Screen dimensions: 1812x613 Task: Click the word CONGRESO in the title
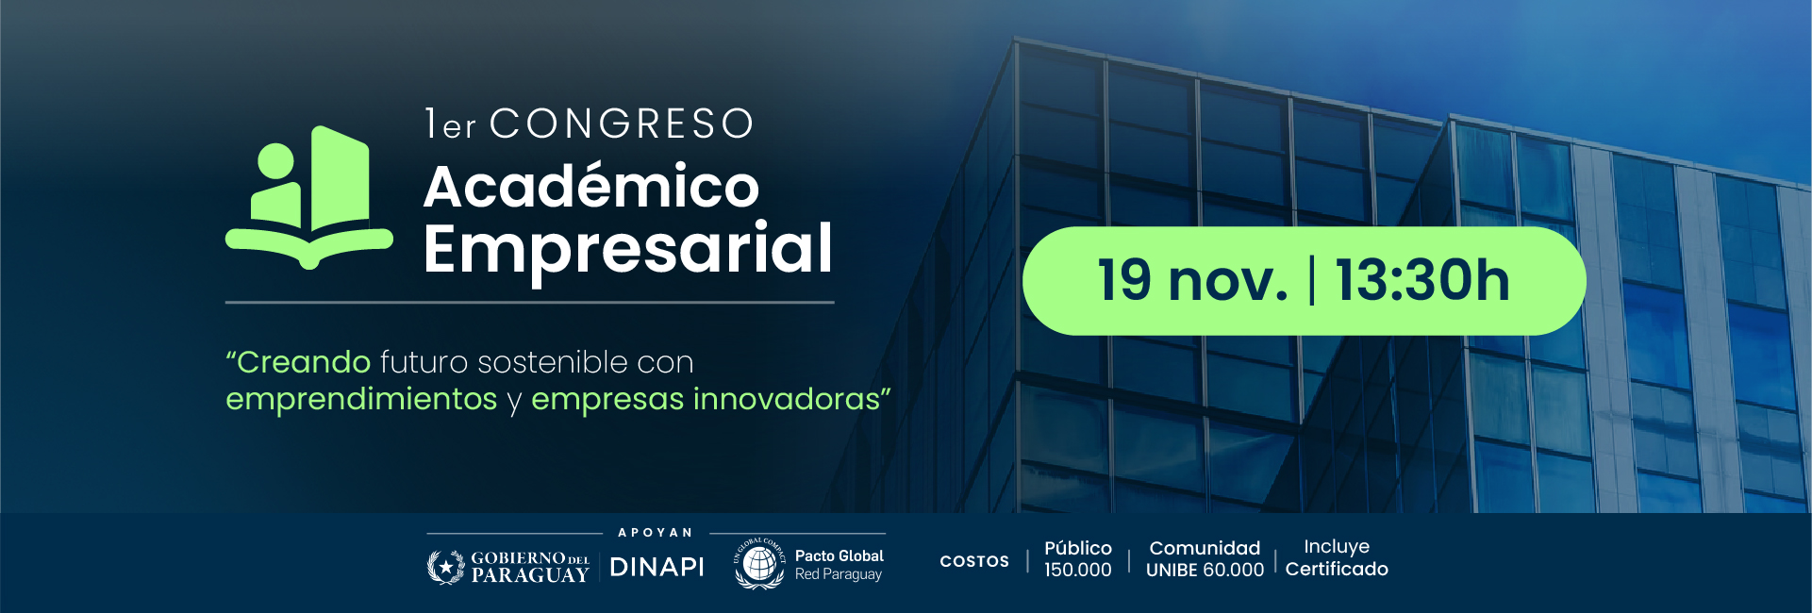tap(622, 124)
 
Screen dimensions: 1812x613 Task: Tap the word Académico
tap(591, 186)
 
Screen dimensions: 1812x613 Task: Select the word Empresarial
tap(628, 250)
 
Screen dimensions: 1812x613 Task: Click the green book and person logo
tap(309, 197)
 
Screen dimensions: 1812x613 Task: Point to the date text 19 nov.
tap(1193, 280)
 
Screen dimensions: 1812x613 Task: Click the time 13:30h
tap(1422, 280)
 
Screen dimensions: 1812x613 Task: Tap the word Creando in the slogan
tap(304, 362)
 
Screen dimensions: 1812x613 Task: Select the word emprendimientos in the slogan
tap(361, 399)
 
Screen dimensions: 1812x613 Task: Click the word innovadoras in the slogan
tap(787, 399)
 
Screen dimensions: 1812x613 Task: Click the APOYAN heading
tap(656, 533)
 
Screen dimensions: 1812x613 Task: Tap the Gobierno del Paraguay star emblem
tap(445, 567)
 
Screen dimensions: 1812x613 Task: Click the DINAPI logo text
tap(657, 567)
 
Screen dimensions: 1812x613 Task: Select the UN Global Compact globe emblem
tap(759, 564)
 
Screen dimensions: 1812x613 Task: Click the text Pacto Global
tap(840, 556)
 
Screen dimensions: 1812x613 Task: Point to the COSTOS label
tap(974, 561)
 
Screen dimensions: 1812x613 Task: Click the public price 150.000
tap(1078, 570)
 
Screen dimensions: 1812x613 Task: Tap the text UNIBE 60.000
tap(1205, 570)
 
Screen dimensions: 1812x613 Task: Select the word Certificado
tap(1337, 569)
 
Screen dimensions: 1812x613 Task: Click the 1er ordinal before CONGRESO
tap(451, 124)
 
